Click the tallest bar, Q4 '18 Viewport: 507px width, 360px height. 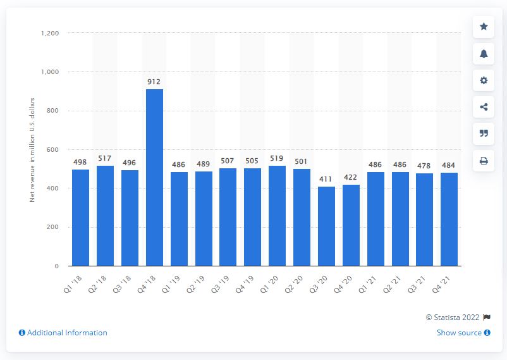click(x=154, y=177)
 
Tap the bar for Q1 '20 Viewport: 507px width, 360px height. click(x=277, y=216)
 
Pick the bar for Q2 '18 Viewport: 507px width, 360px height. click(x=105, y=216)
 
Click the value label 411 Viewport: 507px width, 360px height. click(x=326, y=180)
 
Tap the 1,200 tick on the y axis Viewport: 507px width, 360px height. click(x=51, y=33)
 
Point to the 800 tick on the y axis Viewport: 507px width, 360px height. click(x=54, y=111)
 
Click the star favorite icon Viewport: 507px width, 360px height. click(x=484, y=27)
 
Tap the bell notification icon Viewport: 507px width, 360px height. click(x=484, y=54)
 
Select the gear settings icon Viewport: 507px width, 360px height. click(x=484, y=80)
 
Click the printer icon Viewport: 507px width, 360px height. click(x=484, y=161)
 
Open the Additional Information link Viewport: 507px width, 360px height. click(x=63, y=333)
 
